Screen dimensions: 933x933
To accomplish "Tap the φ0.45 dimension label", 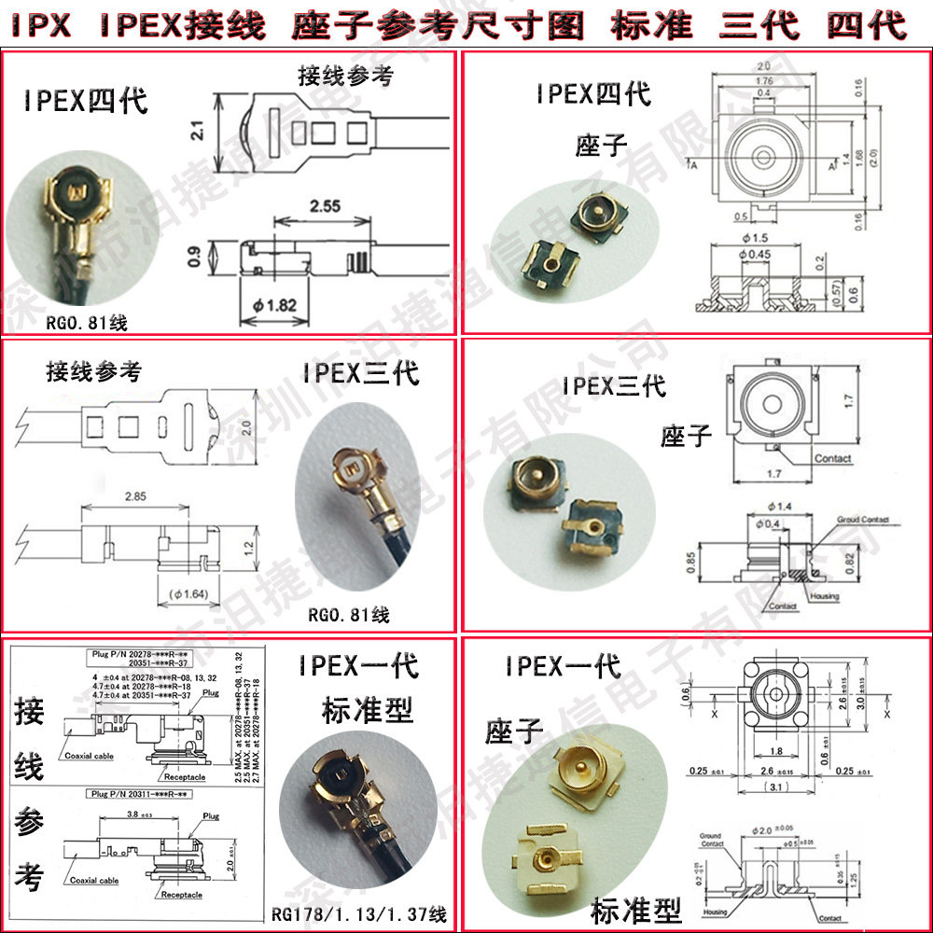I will click(755, 253).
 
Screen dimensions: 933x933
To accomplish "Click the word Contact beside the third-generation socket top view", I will click(832, 458).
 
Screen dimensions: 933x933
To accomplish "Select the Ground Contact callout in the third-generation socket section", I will click(862, 520).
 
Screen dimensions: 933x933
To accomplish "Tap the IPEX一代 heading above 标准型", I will click(358, 666).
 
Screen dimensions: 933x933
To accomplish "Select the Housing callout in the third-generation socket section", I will click(824, 596).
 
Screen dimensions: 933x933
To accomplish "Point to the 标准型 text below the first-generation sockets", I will click(635, 909).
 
